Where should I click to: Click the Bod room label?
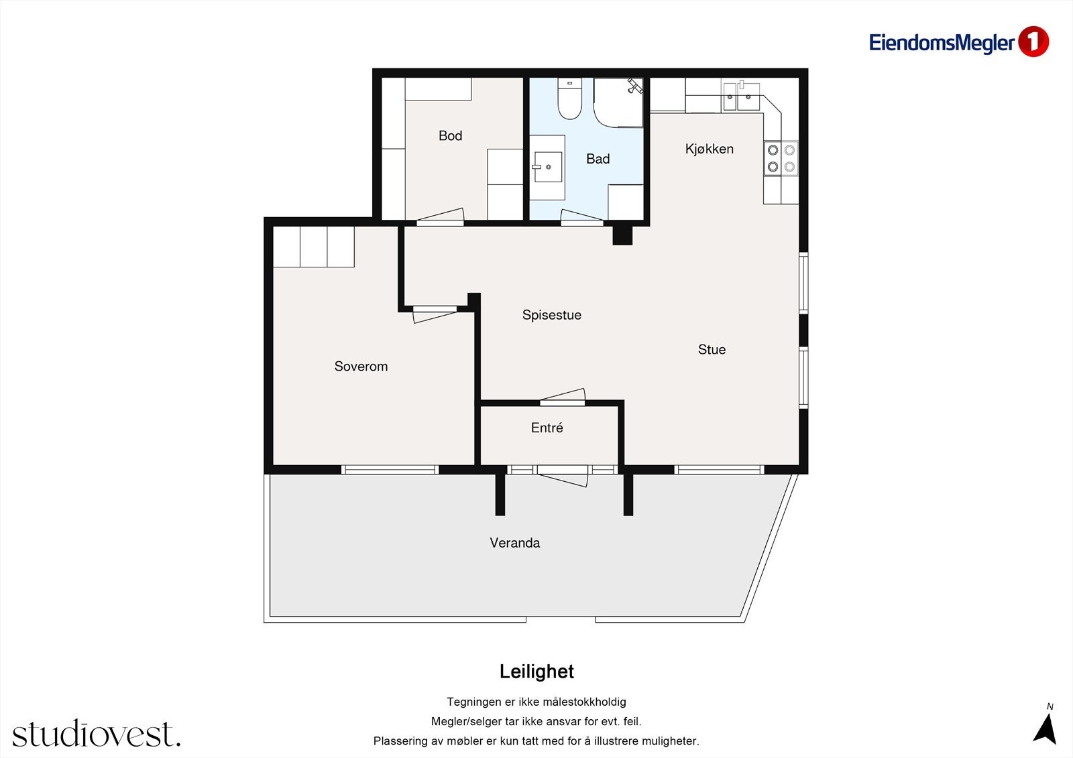point(450,135)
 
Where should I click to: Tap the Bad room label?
point(598,158)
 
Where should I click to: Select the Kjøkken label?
point(710,149)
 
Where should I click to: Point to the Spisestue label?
point(552,315)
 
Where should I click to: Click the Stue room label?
point(712,350)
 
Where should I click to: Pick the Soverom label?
point(361,367)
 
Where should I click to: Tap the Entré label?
point(547,428)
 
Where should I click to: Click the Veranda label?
point(515,542)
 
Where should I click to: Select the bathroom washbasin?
point(548,167)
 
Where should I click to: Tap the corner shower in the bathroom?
point(618,103)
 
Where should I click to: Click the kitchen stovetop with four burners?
point(781,158)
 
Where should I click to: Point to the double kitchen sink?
point(740,97)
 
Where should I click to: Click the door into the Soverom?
point(435,314)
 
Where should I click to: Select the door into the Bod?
point(440,217)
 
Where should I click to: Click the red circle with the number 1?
point(1033,42)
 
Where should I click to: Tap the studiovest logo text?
point(97,733)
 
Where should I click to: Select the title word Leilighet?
point(536,672)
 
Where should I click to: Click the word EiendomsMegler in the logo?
point(942,43)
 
